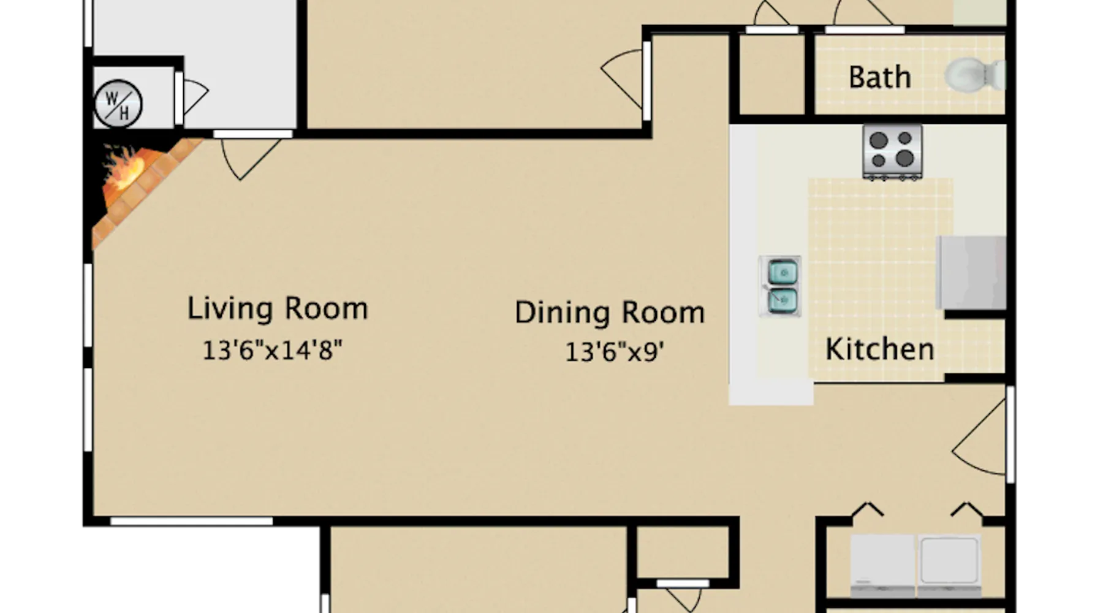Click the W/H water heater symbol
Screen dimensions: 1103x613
[118, 104]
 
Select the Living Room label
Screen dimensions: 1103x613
[278, 308]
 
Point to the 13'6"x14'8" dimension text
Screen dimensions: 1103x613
[272, 350]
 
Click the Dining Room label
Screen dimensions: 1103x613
[610, 313]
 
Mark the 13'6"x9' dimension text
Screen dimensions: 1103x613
[615, 352]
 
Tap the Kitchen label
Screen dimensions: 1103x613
[880, 349]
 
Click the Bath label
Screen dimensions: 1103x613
[880, 77]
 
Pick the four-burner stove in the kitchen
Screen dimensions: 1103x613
[892, 152]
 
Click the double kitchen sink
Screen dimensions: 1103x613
[780, 286]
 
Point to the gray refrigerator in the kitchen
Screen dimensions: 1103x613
[971, 273]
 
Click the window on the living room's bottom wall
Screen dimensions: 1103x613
[191, 522]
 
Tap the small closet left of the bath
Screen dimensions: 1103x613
[772, 75]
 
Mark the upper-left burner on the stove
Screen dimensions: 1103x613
[879, 140]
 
